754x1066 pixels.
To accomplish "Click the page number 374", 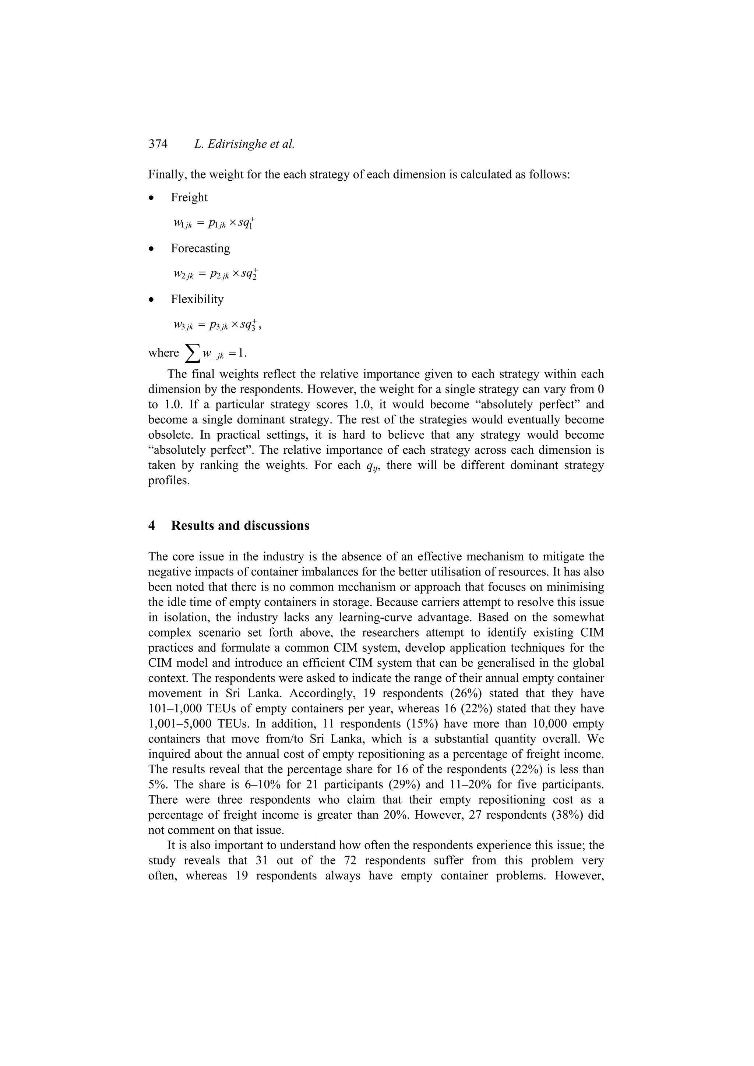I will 158,144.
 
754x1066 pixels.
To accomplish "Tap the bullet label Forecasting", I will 200,248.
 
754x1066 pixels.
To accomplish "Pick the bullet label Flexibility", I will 197,300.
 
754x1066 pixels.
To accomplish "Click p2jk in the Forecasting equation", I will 219,275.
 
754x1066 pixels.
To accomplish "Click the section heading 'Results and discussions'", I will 240,525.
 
